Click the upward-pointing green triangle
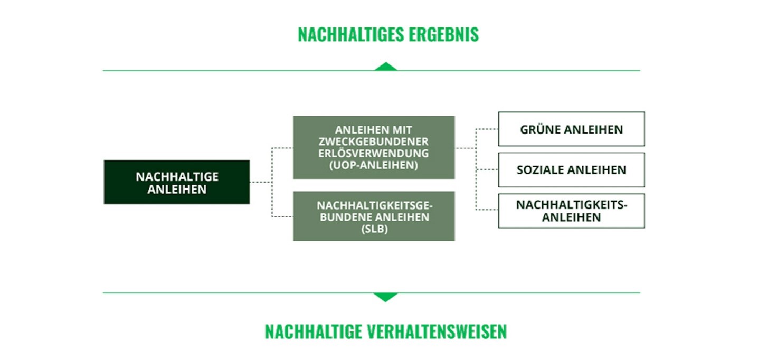[x=386, y=67]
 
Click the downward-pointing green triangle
[x=386, y=297]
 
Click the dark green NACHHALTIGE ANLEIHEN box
[x=177, y=182]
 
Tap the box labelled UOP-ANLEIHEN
[x=374, y=147]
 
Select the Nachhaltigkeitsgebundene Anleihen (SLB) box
[x=374, y=216]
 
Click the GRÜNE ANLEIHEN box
[x=571, y=129]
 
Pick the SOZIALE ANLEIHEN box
[x=571, y=170]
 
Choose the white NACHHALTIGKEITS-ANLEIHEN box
[x=571, y=211]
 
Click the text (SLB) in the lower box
[x=374, y=229]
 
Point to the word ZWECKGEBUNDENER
[x=374, y=141]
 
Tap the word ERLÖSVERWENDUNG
[x=374, y=153]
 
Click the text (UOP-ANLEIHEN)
[x=374, y=165]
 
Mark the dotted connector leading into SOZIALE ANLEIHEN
[x=487, y=170]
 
